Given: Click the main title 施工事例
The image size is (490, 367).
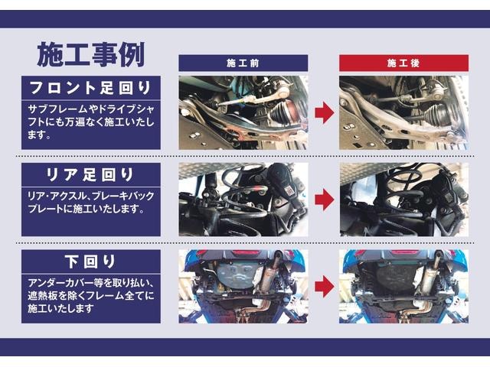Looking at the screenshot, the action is [x=91, y=54].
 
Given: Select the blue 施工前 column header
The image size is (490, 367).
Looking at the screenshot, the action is [x=243, y=63].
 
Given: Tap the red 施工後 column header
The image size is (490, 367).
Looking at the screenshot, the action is [x=403, y=63].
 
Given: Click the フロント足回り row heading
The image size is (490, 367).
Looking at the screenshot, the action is [x=90, y=88].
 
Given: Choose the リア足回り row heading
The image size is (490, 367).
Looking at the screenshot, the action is [x=90, y=174].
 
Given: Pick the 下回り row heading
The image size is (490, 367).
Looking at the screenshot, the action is [x=90, y=261].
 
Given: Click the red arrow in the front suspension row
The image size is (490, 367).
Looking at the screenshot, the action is [x=324, y=112].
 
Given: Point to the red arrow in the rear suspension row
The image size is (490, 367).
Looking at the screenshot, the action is [x=324, y=200].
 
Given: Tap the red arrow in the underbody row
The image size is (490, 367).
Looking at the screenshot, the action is [x=324, y=286].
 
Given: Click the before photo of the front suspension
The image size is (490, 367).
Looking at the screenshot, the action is [x=243, y=112].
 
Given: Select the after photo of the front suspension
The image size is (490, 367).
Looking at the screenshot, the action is [x=403, y=112].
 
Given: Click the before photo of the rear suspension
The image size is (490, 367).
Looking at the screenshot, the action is [x=243, y=200].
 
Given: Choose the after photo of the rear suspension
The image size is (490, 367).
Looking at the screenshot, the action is [x=403, y=200].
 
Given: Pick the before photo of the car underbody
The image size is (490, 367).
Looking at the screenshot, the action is [x=243, y=286].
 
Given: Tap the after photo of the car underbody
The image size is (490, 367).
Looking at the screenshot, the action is [x=403, y=286].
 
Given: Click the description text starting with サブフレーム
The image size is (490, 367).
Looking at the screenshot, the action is [x=91, y=122].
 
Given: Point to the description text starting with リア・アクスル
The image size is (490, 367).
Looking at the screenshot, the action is [x=91, y=202].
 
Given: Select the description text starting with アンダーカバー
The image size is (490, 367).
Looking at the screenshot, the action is [x=91, y=295].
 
